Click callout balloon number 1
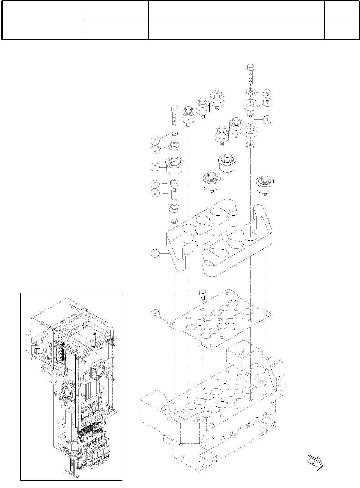267,119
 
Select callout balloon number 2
155,193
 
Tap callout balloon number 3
267,93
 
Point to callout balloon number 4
155,140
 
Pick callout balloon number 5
155,184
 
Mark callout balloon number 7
267,102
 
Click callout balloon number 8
155,167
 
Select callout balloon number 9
155,150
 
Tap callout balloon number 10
155,254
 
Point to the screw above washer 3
250,75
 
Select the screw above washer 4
174,117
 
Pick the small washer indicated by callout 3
250,92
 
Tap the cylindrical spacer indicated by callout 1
251,119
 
